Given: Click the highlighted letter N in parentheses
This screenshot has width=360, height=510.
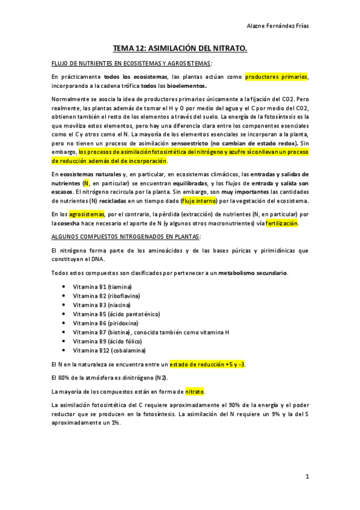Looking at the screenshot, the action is coord(87,182).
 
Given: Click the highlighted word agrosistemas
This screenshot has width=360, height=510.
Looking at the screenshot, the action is coord(87,214).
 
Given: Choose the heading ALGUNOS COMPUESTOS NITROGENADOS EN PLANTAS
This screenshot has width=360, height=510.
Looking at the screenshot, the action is coord(126,237).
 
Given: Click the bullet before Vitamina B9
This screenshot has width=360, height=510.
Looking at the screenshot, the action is coord(63,341).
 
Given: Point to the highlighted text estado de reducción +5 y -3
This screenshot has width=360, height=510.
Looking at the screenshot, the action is coord(207,364).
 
